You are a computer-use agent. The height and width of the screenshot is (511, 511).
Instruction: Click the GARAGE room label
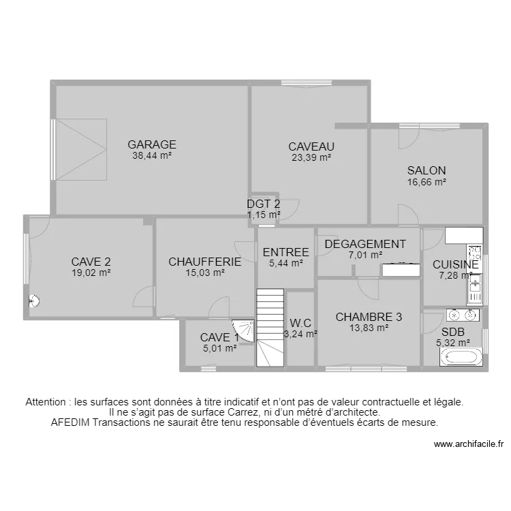[x=152, y=144]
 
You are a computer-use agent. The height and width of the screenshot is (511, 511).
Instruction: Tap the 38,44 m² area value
[x=152, y=155]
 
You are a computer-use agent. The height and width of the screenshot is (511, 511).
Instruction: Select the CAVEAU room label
[x=311, y=146]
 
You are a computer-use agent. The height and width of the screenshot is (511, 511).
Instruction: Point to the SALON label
[x=427, y=171]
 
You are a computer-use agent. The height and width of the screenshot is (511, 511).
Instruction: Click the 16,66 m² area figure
[x=427, y=182]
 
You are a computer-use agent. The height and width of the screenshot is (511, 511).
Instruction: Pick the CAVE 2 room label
[x=91, y=261]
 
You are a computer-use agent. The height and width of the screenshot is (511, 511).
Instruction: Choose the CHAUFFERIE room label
[x=205, y=262]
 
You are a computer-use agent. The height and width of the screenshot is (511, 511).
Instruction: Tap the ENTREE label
[x=285, y=252]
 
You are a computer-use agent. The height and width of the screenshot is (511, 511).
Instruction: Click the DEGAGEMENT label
[x=365, y=245]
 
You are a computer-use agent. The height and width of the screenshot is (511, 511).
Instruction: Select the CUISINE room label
[x=455, y=264]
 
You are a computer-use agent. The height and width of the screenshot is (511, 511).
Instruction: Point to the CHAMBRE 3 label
[x=369, y=317]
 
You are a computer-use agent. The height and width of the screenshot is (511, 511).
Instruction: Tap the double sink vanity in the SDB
[x=463, y=315]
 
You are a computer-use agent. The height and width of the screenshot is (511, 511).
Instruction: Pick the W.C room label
[x=300, y=323]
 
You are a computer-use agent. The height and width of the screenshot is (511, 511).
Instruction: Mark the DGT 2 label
[x=263, y=204]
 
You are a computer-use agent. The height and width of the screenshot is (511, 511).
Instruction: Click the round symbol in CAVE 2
[x=33, y=302]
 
